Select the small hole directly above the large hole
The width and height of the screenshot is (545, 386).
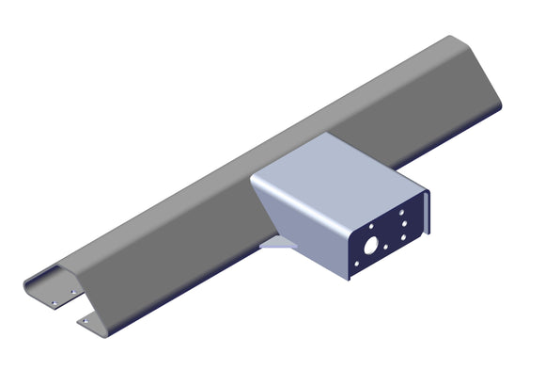(371, 227)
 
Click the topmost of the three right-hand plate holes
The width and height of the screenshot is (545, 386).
(402, 213)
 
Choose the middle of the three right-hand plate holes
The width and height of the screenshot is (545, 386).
(403, 224)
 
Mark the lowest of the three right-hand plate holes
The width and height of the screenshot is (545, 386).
(403, 236)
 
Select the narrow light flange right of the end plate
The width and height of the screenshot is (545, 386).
(428, 215)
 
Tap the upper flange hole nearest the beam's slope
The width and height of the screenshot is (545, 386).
(73, 292)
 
